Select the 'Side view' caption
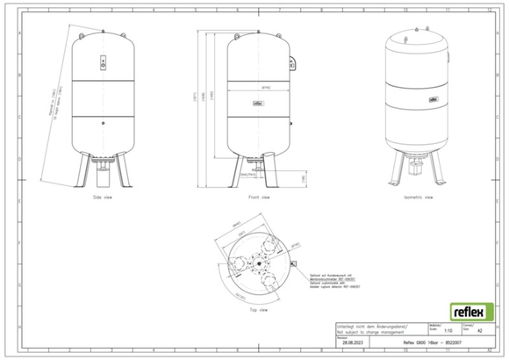[104, 199]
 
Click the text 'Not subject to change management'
[368, 333]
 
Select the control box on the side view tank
[104, 64]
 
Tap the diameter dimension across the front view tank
[260, 89]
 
